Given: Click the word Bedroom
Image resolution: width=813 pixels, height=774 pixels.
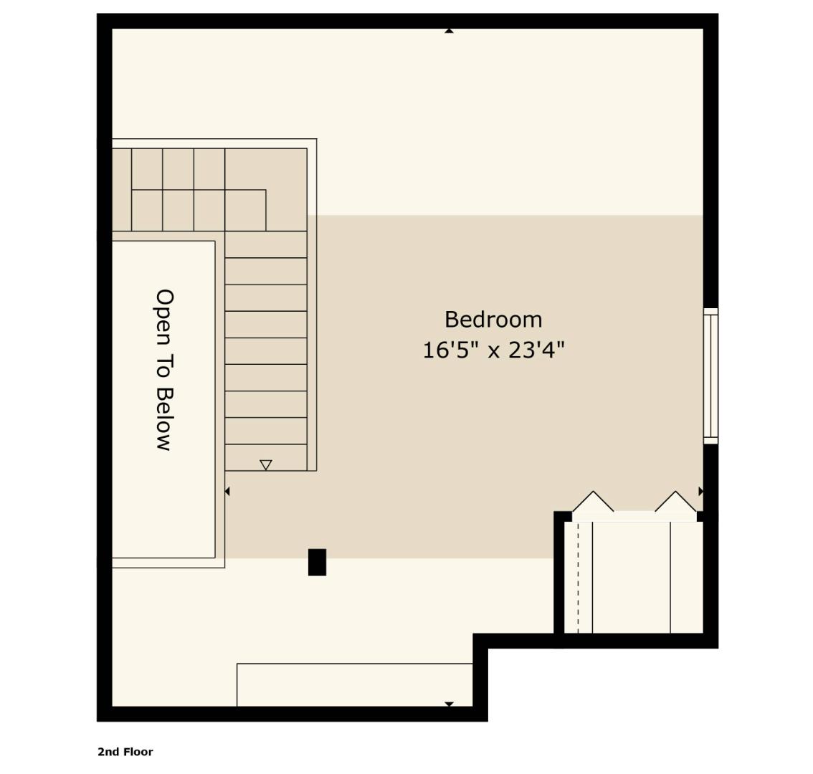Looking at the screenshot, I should point(493,320).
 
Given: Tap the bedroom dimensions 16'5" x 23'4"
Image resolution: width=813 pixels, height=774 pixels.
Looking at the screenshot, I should point(493,350).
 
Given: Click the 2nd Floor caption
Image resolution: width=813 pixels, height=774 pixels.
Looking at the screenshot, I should point(125,752).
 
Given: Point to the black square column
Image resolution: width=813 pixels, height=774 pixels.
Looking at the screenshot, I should point(317,562).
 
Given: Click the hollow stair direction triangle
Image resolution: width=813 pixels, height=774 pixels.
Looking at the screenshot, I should point(266,465).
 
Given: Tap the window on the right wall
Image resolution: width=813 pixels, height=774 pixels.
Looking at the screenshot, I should point(710,376).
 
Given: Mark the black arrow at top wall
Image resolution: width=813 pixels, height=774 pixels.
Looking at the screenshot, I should point(449,31).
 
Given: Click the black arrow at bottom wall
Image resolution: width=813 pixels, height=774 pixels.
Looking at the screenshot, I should point(449,704).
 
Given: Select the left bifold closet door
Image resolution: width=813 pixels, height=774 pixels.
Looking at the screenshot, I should point(593,502).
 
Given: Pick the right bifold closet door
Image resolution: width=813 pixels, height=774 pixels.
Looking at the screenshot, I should point(675,502).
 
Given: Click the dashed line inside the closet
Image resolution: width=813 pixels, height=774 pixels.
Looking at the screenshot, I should point(578,577).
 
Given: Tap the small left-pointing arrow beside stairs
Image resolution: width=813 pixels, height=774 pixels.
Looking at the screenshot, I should point(227,491).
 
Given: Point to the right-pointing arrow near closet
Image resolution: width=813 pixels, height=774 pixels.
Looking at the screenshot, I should point(700,491).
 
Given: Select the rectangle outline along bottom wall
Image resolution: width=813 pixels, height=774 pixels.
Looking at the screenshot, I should point(354,684).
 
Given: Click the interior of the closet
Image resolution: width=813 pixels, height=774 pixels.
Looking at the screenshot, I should point(631,577).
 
